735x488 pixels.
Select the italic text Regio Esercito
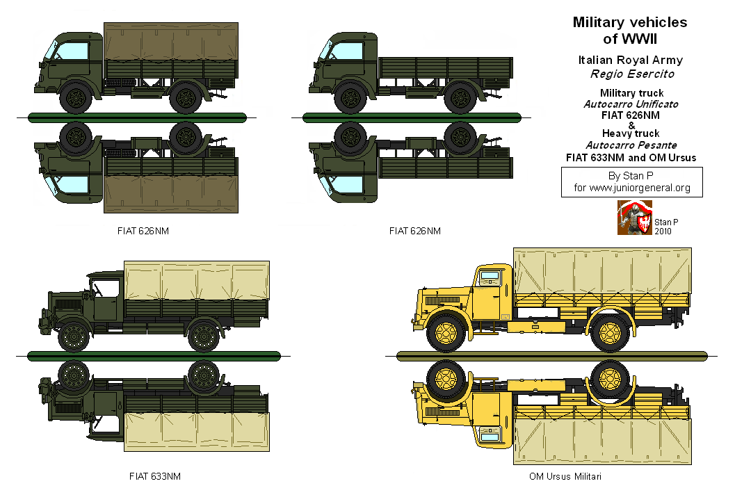[631, 74]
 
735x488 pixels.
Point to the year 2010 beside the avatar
[663, 231]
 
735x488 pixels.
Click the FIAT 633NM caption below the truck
[155, 476]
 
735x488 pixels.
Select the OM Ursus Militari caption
[565, 476]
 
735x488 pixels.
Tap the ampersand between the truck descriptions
[631, 124]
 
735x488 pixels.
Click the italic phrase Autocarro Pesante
[631, 145]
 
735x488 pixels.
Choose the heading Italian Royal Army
[631, 60]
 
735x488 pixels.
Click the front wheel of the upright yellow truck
[446, 334]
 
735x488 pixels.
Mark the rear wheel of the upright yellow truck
[609, 334]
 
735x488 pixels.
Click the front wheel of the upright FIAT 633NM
[72, 337]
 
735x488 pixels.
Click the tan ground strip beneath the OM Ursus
[551, 356]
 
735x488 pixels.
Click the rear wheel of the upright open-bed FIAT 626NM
[460, 99]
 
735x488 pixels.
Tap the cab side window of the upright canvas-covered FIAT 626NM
[75, 51]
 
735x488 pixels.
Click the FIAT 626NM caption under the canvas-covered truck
[143, 231]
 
